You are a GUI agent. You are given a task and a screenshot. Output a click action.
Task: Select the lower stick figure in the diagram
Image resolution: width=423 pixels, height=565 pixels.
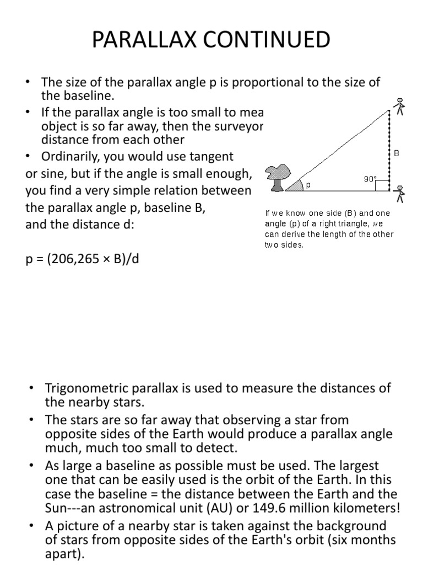pos(400,195)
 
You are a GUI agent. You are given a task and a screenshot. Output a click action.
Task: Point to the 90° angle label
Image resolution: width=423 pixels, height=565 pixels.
pos(370,178)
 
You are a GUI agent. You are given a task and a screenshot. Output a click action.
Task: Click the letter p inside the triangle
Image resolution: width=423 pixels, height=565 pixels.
pos(308,185)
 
